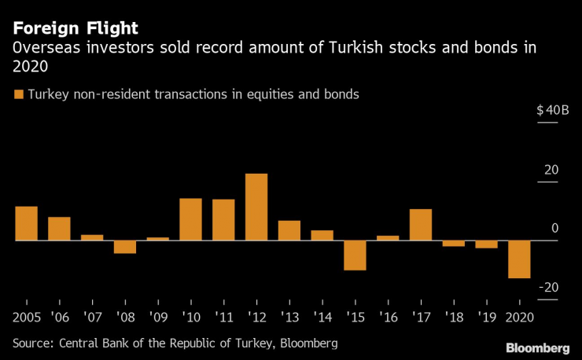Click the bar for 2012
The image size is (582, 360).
click(x=256, y=207)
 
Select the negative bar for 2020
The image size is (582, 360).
click(x=519, y=259)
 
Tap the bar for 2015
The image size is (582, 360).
click(x=355, y=255)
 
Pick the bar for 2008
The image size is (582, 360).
click(x=124, y=246)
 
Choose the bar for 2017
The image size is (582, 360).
click(x=421, y=224)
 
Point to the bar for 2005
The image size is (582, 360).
click(x=26, y=223)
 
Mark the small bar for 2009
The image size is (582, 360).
click(x=157, y=238)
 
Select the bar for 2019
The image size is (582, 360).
click(x=486, y=244)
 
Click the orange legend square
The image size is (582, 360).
click(x=19, y=94)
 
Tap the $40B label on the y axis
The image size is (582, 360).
click(x=552, y=110)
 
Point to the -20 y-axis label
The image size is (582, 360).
click(x=550, y=287)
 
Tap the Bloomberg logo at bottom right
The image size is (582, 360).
click(x=537, y=347)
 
